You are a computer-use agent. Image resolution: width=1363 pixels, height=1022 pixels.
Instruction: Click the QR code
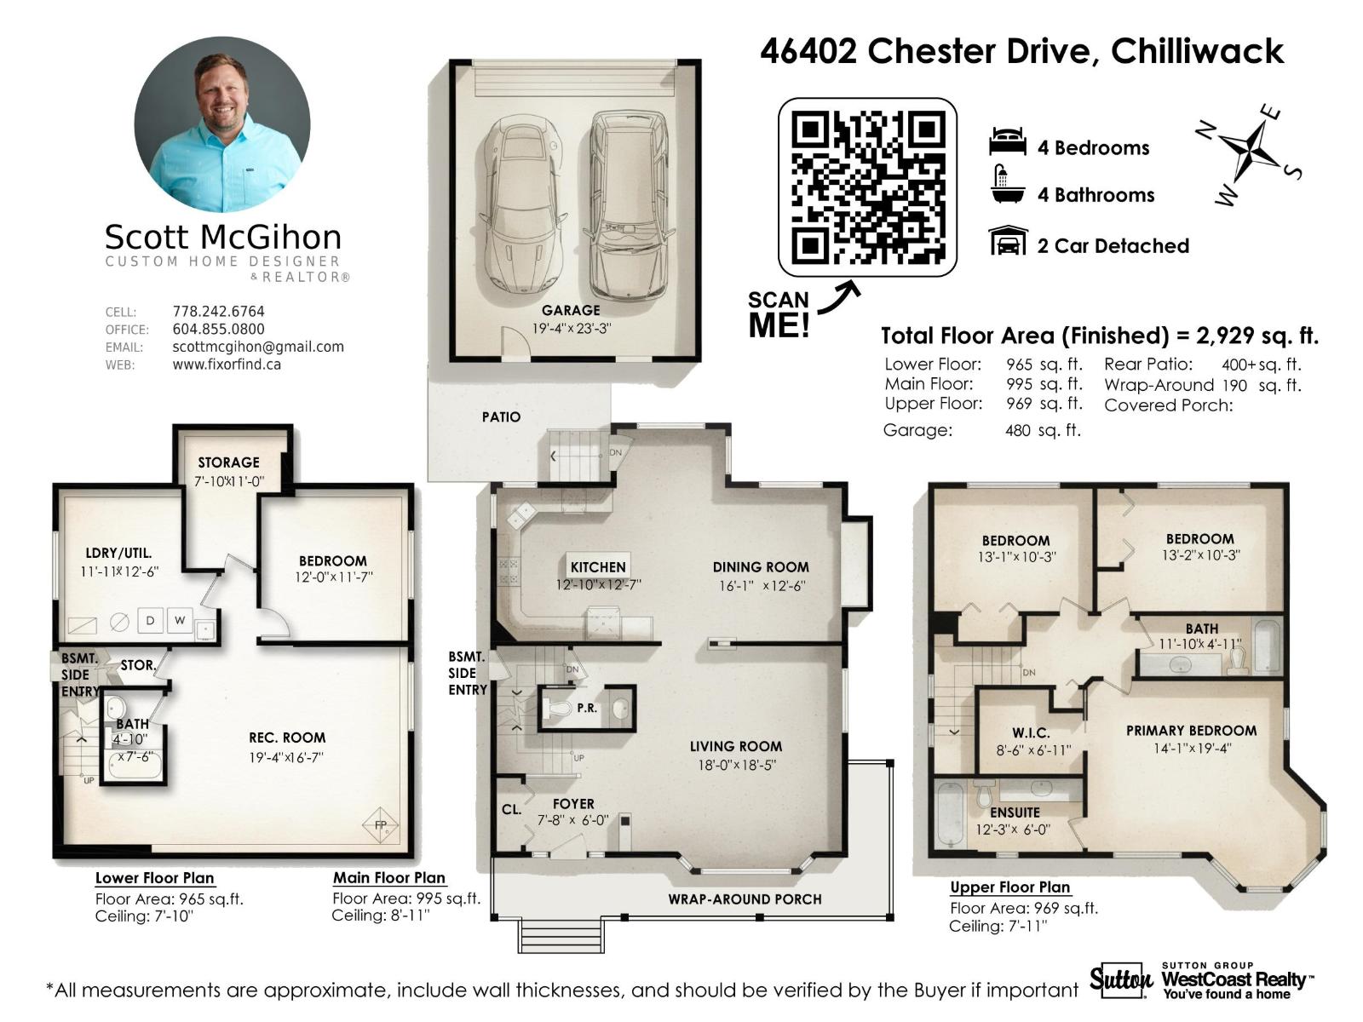[867, 187]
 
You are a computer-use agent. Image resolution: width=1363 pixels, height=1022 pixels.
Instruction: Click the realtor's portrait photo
[222, 124]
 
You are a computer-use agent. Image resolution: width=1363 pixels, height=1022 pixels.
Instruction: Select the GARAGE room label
[571, 311]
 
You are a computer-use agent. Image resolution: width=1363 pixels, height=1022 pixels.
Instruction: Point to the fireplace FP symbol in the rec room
[380, 824]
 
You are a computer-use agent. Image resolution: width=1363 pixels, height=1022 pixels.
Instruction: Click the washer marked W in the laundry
[180, 620]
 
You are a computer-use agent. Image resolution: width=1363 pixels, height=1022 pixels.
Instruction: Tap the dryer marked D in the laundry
[150, 620]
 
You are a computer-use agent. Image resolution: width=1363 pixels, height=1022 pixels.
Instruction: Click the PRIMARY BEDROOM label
[1191, 731]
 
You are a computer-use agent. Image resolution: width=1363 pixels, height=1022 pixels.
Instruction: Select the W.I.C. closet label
[1031, 732]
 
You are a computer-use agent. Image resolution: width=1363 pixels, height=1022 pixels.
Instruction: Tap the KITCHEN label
[597, 566]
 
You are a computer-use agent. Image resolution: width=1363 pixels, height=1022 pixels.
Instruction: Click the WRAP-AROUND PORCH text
[745, 899]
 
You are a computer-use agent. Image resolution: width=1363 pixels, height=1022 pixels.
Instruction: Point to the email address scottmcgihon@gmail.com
[258, 347]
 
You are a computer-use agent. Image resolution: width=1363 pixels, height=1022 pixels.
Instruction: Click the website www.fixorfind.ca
[227, 365]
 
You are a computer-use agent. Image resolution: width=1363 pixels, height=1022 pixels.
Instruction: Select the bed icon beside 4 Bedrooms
[1007, 143]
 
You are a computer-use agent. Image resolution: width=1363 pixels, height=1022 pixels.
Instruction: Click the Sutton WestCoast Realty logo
[1201, 981]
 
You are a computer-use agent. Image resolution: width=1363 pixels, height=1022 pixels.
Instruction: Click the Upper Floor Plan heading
[1010, 887]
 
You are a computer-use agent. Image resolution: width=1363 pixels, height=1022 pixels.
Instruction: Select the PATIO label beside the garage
[501, 416]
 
